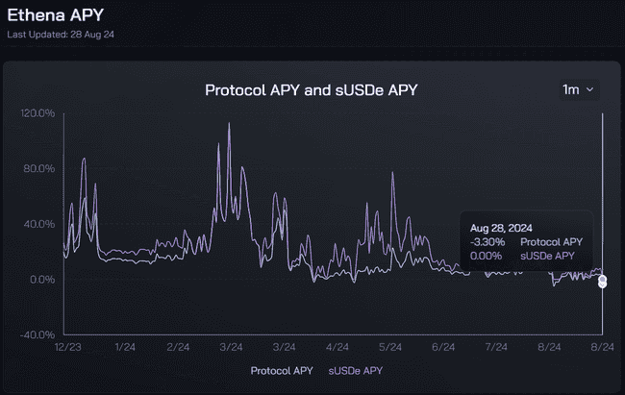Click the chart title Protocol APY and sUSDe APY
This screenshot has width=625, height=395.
coord(312,90)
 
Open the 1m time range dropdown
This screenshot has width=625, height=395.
coord(579,89)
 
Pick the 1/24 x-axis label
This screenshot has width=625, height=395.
coord(124,346)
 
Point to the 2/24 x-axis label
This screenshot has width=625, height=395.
coord(178,346)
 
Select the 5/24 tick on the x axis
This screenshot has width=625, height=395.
coord(390,346)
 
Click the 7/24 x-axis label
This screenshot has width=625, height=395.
coord(497,346)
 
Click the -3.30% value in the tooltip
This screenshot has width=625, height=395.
coord(487,242)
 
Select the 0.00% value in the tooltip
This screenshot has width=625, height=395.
coord(487,256)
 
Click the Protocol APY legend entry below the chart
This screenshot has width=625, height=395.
coord(282,370)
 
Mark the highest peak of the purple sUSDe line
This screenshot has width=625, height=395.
coord(229,124)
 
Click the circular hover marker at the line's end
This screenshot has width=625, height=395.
coord(603,281)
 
